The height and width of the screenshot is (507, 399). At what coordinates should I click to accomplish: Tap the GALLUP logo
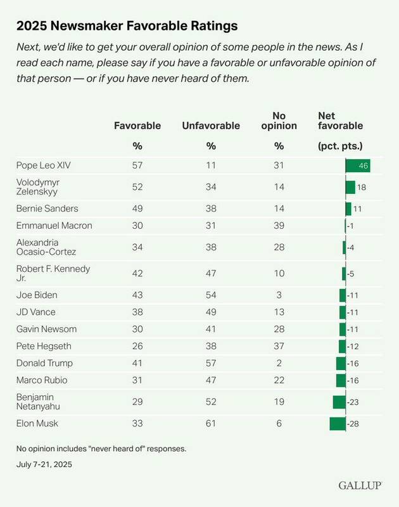[360, 485]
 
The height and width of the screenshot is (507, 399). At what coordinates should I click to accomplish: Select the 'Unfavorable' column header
[211, 125]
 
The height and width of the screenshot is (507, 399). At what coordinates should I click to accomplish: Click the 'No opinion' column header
[279, 120]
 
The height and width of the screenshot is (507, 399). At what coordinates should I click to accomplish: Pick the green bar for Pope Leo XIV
[357, 165]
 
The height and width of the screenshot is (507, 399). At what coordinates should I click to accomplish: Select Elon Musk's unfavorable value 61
[211, 423]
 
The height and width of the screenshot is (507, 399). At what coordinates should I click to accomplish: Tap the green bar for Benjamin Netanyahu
[339, 402]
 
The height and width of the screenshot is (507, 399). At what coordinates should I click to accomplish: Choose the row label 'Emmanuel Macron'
[54, 226]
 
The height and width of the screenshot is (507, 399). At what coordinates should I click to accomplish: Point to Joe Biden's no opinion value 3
[279, 295]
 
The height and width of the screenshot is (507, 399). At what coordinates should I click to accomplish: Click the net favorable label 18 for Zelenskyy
[362, 187]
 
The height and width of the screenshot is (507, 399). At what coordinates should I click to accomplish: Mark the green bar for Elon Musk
[337, 423]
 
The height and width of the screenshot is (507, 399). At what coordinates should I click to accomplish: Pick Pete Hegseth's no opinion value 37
[279, 346]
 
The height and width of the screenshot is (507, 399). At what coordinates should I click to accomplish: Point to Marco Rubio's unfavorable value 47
[211, 380]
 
